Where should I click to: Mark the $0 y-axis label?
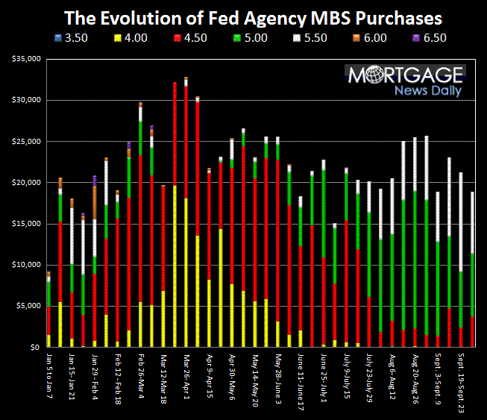pos(34,348)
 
